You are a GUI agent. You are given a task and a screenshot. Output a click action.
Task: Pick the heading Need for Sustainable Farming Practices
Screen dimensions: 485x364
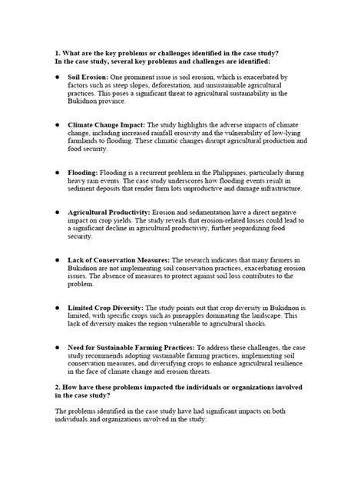(x=131, y=349)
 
